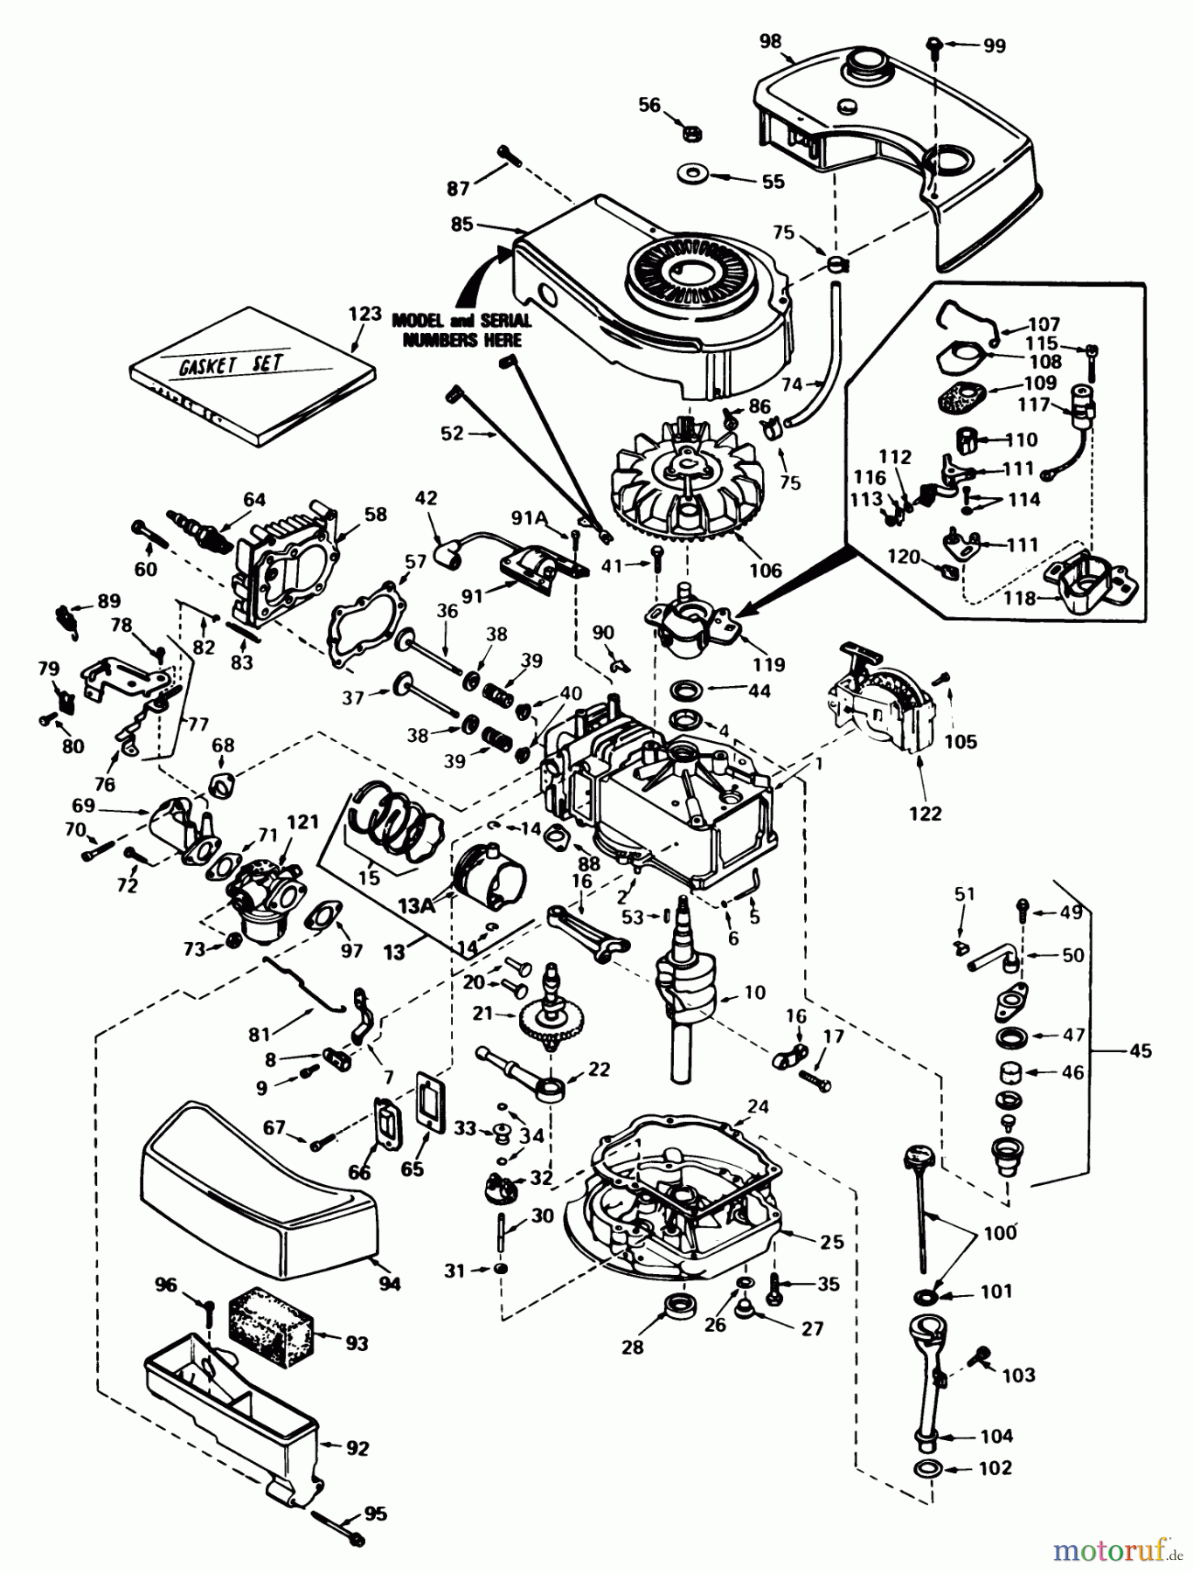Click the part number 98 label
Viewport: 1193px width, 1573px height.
(x=771, y=41)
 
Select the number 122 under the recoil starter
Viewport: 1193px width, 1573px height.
(x=924, y=813)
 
